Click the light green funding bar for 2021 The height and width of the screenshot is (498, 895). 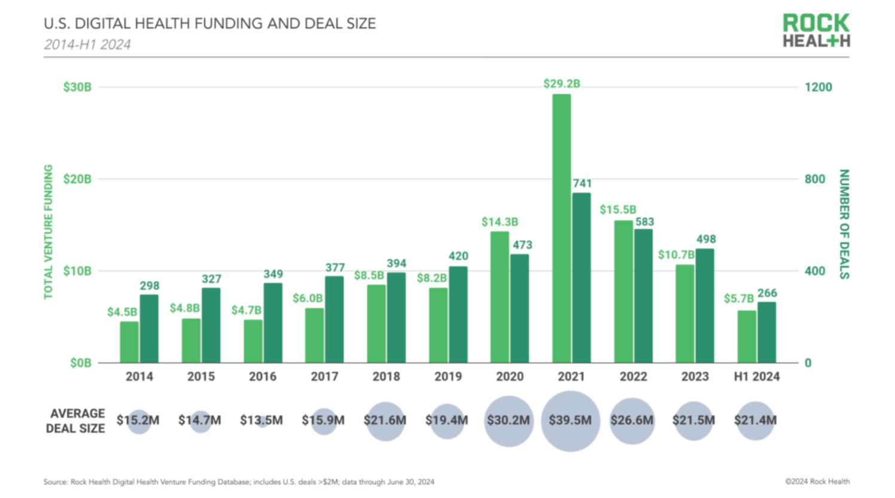pos(561,228)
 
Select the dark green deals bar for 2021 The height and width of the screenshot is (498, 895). pos(582,278)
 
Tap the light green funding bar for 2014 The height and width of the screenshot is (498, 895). pos(129,342)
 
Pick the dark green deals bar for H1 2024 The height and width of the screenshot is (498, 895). pos(767,332)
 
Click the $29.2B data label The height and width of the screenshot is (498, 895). pos(561,84)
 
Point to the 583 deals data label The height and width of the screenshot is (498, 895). pos(644,221)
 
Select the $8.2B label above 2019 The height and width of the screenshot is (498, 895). pos(432,278)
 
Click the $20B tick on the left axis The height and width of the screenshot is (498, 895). pos(77,179)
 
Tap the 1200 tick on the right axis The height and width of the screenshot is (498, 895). pos(818,87)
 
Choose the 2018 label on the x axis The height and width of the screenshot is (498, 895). pos(386,376)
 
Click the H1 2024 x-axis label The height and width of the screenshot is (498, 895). pos(756,376)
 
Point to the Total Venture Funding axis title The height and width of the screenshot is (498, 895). pos(48,232)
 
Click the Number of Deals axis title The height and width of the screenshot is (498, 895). pos(844,224)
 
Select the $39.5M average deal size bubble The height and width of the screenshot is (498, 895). pos(570,421)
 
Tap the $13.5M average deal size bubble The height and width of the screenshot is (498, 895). pos(261,421)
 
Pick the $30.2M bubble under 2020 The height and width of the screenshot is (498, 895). pos(509,421)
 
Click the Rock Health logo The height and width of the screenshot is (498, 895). pos(816,31)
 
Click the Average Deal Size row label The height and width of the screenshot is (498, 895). pos(76,421)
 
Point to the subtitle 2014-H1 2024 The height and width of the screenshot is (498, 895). pos(87,44)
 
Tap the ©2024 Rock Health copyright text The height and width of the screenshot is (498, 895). pos(817,481)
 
